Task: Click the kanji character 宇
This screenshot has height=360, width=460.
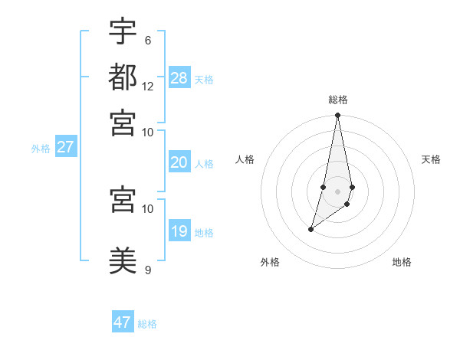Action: click(x=123, y=31)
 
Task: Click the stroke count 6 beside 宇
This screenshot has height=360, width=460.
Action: click(x=147, y=41)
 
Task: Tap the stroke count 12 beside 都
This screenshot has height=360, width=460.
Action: click(x=148, y=86)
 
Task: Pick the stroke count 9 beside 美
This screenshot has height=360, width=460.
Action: click(x=147, y=270)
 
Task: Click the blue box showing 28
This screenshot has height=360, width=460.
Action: click(x=179, y=77)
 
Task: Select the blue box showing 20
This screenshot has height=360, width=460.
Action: click(x=179, y=162)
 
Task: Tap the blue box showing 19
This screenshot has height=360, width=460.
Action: click(x=179, y=231)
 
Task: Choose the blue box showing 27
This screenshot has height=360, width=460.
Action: click(x=65, y=147)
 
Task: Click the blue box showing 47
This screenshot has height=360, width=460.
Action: click(x=123, y=322)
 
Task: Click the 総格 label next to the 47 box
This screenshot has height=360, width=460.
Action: click(x=147, y=324)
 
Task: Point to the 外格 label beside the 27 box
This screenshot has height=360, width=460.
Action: click(x=41, y=149)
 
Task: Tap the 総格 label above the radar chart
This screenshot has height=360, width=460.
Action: click(x=337, y=100)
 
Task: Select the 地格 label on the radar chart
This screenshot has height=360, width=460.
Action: click(x=402, y=262)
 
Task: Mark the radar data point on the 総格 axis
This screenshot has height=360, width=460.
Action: click(x=337, y=116)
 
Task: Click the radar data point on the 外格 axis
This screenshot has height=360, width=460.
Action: click(x=310, y=229)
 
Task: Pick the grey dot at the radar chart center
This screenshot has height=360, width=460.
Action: click(x=337, y=191)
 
